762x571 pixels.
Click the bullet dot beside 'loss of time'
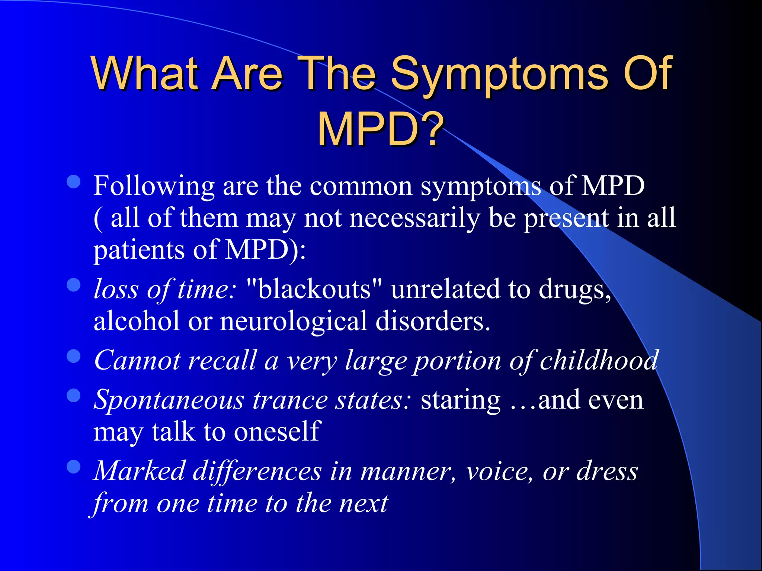[74, 285]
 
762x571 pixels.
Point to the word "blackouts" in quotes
[314, 289]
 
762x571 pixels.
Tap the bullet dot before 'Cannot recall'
[74, 356]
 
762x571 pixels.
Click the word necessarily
[414, 219]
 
